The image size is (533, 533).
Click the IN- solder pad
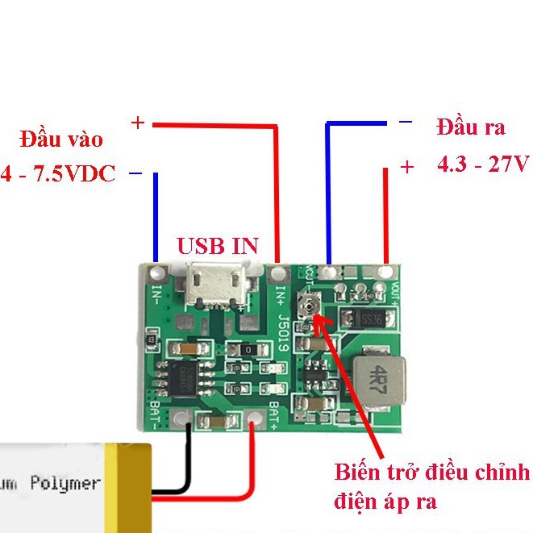pyautogui.click(x=156, y=271)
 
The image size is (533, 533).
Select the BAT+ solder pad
pyautogui.click(x=256, y=420)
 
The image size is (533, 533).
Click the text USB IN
pyautogui.click(x=218, y=246)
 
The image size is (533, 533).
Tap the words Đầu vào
pyautogui.click(x=62, y=139)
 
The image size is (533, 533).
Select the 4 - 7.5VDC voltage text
pyautogui.click(x=58, y=173)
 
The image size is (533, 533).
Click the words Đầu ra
pyautogui.click(x=471, y=127)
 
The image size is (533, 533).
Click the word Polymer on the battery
pyautogui.click(x=65, y=483)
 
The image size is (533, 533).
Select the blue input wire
pyautogui.click(x=156, y=218)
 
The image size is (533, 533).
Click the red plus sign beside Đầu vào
pyautogui.click(x=138, y=123)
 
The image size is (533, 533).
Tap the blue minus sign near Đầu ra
pyautogui.click(x=406, y=123)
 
